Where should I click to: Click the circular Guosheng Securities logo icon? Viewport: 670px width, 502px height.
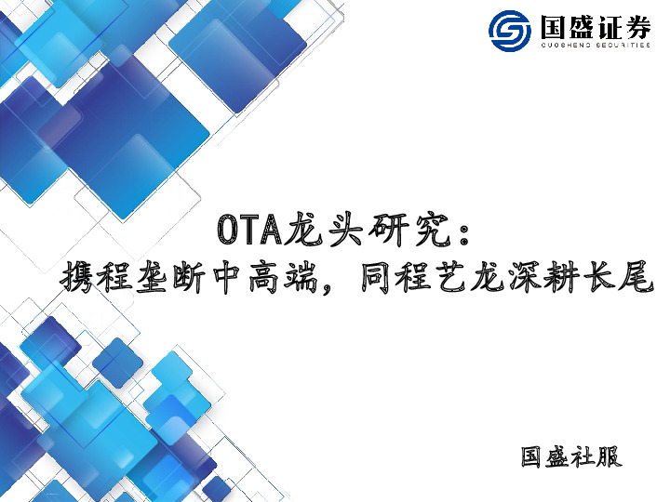512,32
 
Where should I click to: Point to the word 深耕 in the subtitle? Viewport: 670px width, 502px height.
541,276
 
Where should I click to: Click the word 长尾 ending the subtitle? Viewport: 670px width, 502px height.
617,276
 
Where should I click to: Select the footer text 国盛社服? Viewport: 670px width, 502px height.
570,458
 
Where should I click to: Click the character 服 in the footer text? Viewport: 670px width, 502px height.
609,458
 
